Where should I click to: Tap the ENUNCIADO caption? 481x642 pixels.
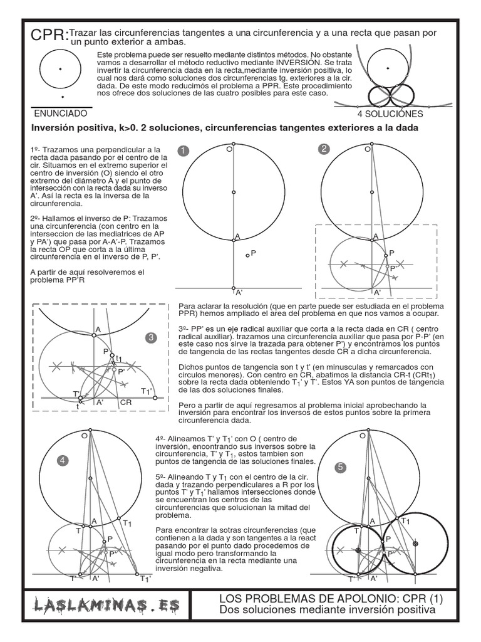click(x=60, y=114)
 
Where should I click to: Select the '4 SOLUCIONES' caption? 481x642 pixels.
click(x=390, y=114)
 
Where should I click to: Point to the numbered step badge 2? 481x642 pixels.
click(x=323, y=149)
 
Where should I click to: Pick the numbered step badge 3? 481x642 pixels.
click(x=150, y=338)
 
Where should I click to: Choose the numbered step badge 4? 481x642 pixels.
click(x=63, y=461)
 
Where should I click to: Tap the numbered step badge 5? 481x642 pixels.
click(x=340, y=466)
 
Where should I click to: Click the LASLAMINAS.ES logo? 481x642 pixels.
click(x=107, y=606)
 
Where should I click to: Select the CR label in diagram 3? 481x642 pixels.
click(x=125, y=403)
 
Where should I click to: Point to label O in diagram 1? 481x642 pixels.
click(x=229, y=150)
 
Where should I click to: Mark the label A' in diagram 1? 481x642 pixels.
click(x=239, y=292)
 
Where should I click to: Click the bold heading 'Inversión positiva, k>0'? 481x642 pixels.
click(x=225, y=128)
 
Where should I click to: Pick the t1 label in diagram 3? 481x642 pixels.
click(x=118, y=358)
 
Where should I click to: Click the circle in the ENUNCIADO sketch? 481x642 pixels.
click(x=60, y=69)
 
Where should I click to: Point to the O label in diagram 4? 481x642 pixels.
click(x=84, y=434)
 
